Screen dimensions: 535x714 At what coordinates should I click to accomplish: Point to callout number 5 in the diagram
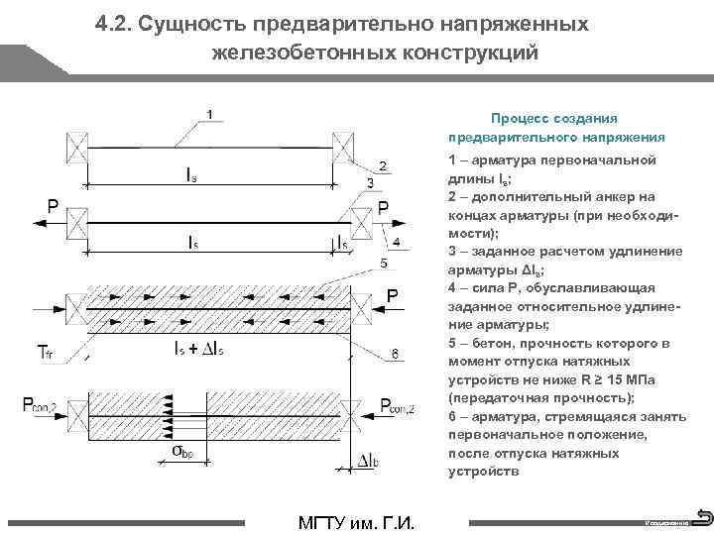pyautogui.click(x=384, y=264)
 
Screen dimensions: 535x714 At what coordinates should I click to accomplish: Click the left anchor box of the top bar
pyautogui.click(x=76, y=148)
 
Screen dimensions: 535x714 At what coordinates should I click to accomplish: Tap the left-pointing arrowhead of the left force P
pyautogui.click(x=36, y=224)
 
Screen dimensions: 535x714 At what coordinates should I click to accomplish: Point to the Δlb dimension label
pyautogui.click(x=368, y=461)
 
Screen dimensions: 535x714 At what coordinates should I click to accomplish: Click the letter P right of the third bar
pyautogui.click(x=392, y=296)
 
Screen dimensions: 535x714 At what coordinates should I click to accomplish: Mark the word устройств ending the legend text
pyautogui.click(x=483, y=472)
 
